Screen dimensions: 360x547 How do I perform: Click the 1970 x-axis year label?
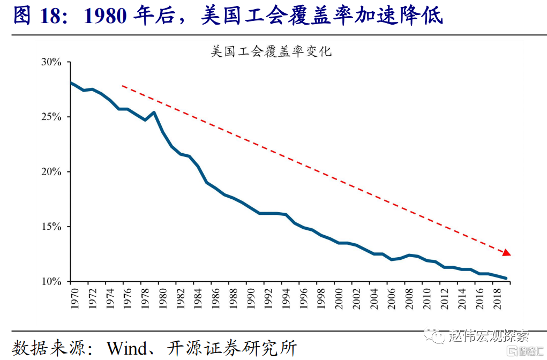74,299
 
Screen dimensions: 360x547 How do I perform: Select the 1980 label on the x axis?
162,299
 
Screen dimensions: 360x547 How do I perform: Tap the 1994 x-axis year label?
286,299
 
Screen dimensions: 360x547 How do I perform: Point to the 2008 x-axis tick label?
409,299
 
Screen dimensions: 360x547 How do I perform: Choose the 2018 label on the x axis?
497,299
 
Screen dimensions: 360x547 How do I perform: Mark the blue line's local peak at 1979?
154,112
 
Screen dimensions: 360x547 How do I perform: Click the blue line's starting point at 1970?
71,82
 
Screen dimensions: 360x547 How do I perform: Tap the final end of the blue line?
506,278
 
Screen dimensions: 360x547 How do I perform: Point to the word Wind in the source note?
127,348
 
